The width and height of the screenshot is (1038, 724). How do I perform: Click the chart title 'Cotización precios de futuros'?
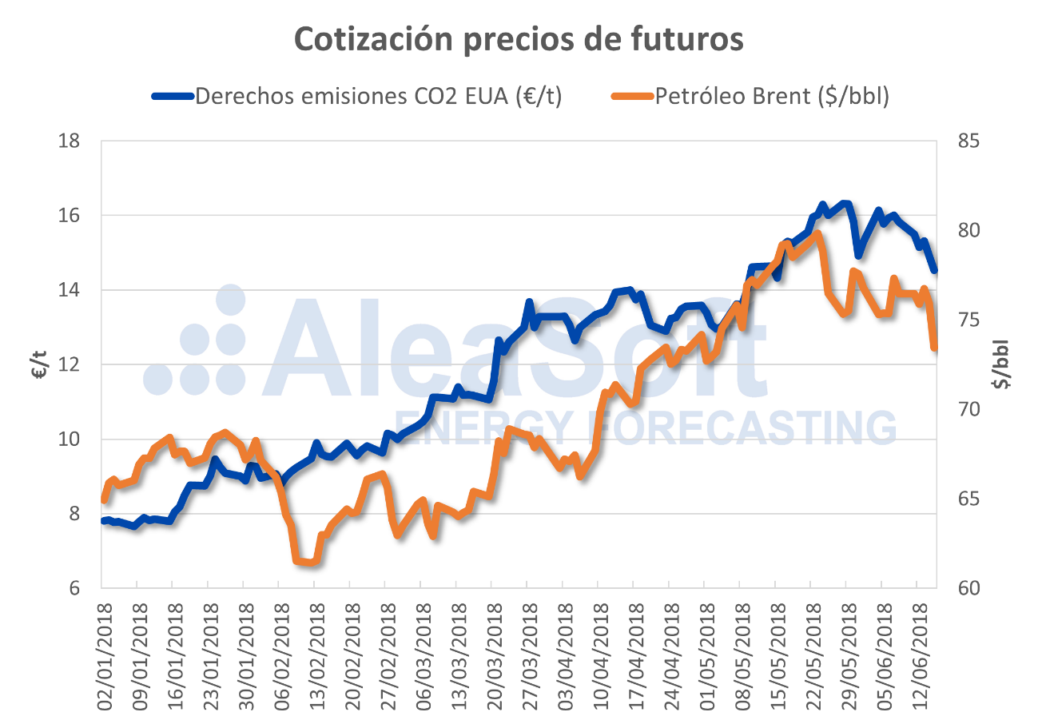point(519,39)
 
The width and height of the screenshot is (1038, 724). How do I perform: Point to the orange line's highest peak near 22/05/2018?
point(817,234)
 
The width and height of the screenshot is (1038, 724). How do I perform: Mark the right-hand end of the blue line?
point(934,271)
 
